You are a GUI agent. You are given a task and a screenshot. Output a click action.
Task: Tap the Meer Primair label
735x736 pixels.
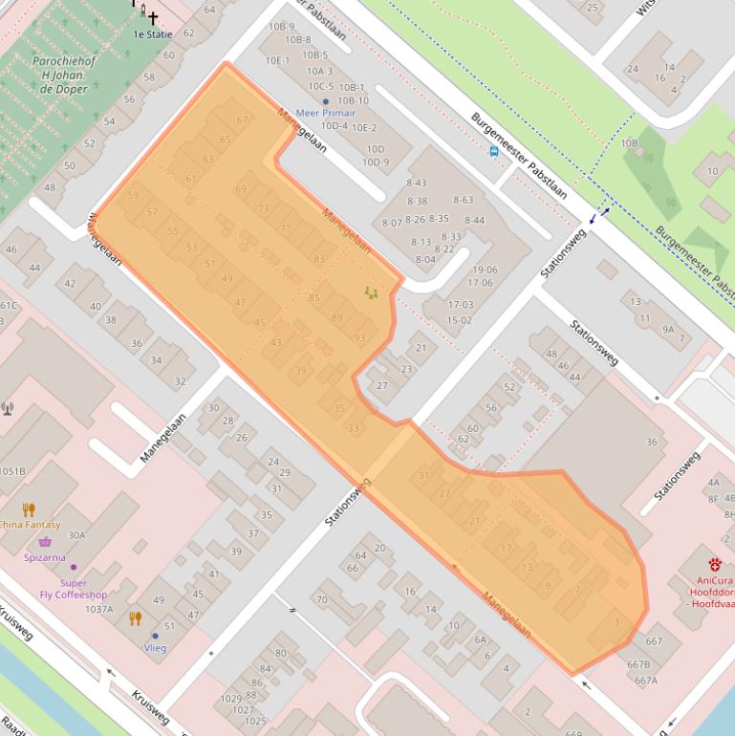[325, 113]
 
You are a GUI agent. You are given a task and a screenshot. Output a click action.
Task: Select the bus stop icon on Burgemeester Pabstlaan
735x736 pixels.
[493, 150]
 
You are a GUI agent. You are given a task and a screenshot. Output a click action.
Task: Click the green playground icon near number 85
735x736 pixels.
[372, 292]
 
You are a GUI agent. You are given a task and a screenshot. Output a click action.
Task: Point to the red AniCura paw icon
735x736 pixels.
[714, 563]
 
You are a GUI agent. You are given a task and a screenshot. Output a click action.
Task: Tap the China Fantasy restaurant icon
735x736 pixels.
[29, 509]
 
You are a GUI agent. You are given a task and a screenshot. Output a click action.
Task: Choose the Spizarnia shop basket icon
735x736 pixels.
[45, 542]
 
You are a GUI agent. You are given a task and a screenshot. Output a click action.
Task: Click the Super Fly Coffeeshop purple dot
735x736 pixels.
[74, 568]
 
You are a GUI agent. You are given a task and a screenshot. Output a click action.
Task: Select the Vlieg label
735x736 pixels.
[155, 647]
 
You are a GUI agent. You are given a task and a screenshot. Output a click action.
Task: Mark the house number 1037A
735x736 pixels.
[98, 609]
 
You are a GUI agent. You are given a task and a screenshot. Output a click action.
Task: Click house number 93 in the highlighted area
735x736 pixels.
[359, 338]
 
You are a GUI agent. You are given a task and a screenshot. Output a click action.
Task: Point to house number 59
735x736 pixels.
[133, 196]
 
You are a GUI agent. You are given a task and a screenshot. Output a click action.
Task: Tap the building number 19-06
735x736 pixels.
[484, 270]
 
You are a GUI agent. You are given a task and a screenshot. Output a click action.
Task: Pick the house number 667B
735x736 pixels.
[638, 664]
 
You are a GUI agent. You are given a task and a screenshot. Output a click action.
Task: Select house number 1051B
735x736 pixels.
[11, 471]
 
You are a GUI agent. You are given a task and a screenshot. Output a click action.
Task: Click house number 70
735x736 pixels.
[321, 600]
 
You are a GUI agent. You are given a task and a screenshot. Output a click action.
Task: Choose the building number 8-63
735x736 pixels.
[463, 200]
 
